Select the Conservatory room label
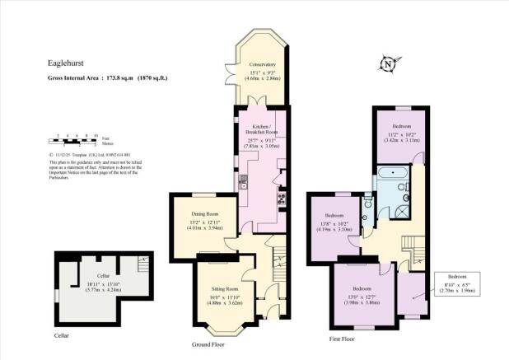262,63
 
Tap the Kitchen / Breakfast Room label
259,130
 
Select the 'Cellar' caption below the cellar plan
63,335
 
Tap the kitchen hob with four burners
283,197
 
